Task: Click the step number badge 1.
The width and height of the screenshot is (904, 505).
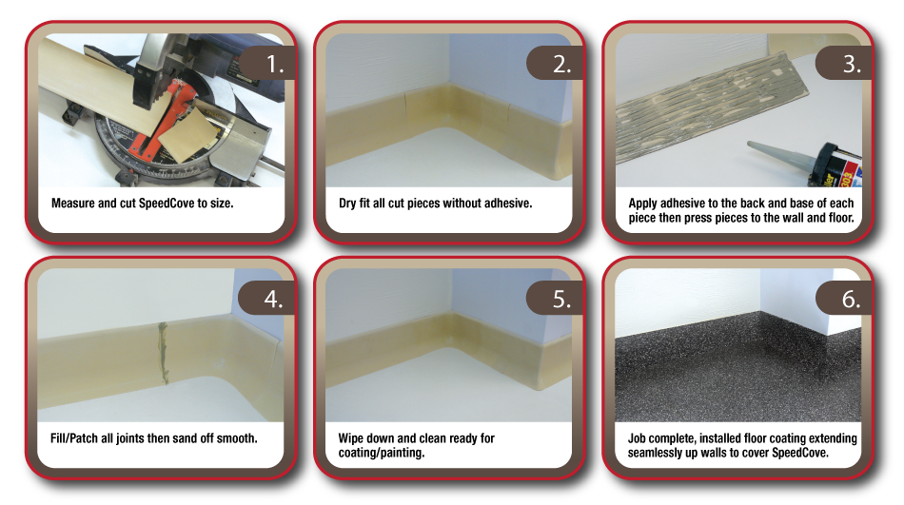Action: click(266, 63)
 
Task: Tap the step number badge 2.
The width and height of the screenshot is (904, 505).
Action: click(555, 63)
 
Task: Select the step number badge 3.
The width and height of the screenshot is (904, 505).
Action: click(843, 63)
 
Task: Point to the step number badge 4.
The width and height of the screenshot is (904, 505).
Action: click(266, 298)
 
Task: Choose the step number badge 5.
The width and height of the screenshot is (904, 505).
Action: click(555, 298)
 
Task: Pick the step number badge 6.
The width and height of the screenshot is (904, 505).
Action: click(843, 298)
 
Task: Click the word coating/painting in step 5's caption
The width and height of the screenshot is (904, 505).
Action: click(382, 453)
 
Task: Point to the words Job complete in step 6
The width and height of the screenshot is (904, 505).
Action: click(661, 438)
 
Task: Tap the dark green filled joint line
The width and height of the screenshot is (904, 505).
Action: click(163, 353)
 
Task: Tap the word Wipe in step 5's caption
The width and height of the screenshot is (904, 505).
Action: click(351, 438)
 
